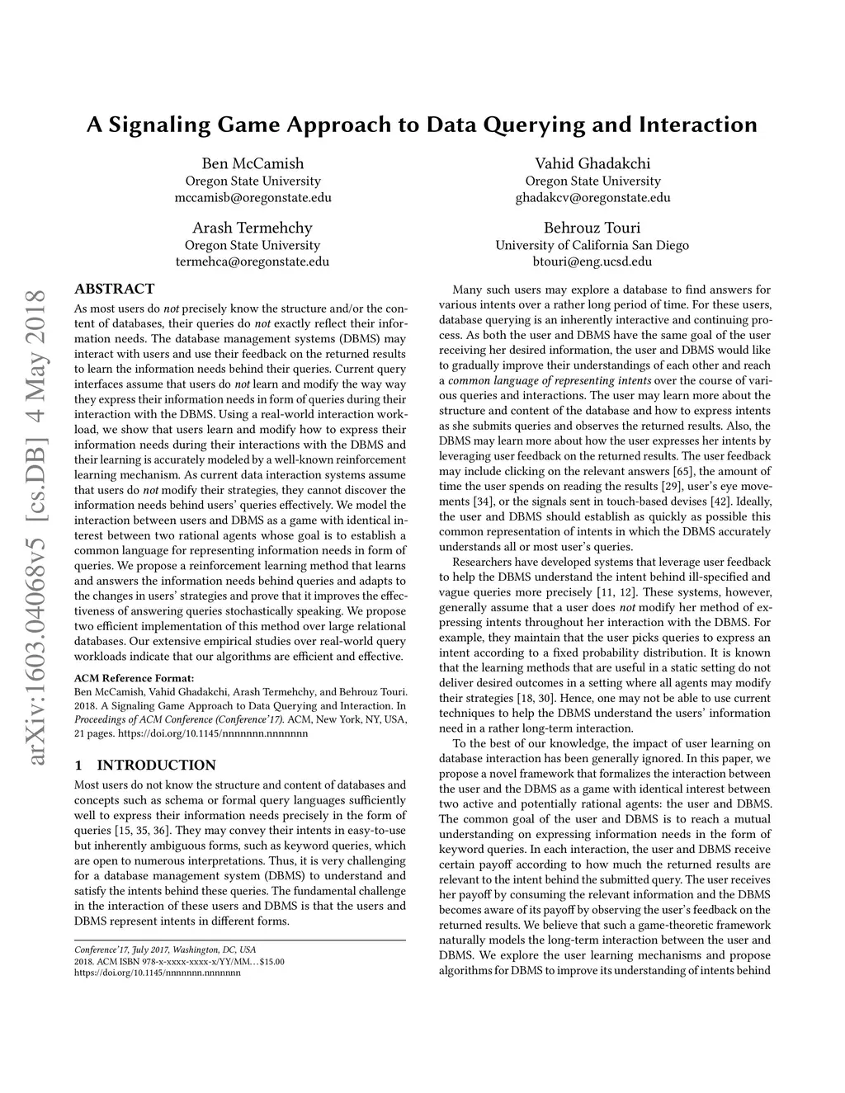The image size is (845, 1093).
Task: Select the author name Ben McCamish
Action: coord(253,163)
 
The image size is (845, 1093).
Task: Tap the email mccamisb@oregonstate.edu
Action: coord(253,198)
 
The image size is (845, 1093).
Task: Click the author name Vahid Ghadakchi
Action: coord(592,163)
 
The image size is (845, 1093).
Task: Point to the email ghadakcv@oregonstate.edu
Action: coord(592,198)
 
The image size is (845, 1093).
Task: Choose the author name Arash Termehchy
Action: coord(253,228)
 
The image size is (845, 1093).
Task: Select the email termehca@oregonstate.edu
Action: coord(253,262)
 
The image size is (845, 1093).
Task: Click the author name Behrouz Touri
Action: coord(592,228)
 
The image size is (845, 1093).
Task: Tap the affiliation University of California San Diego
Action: coord(592,245)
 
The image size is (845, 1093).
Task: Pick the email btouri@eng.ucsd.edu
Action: coord(592,262)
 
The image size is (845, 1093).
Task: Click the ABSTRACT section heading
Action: coord(114,289)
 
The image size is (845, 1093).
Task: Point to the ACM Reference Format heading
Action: coord(134,678)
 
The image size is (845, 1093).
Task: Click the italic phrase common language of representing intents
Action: coord(550,380)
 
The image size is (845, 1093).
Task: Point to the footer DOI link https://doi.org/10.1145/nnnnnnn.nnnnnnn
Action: coord(158,973)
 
